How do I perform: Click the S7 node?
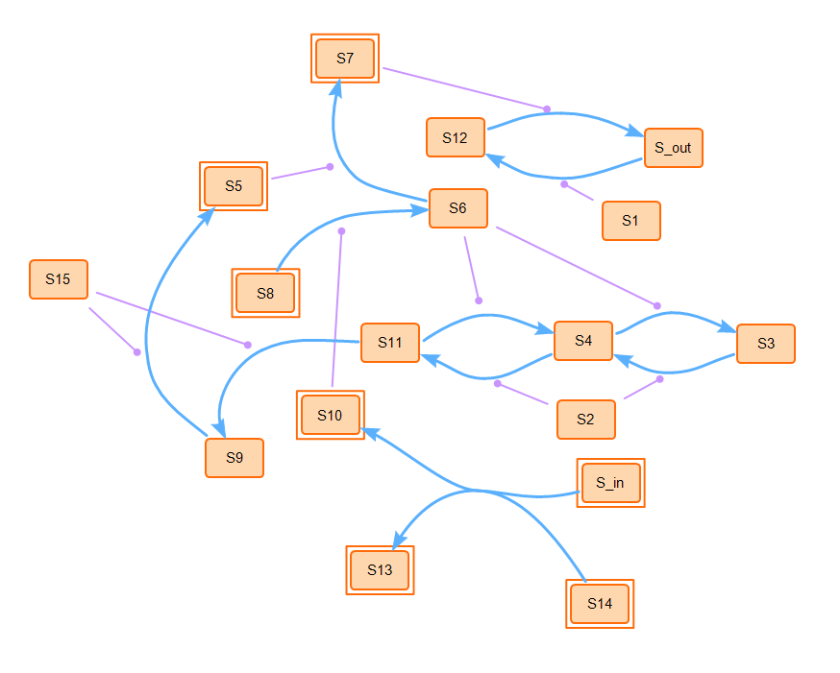pyautogui.click(x=345, y=59)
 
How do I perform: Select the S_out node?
pyautogui.click(x=673, y=148)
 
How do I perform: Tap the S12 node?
pyautogui.click(x=456, y=137)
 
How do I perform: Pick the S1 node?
pyautogui.click(x=630, y=220)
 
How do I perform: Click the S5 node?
pyautogui.click(x=234, y=186)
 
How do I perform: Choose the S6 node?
pyautogui.click(x=457, y=208)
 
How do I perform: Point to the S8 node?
pyautogui.click(x=265, y=293)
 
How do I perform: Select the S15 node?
pyautogui.click(x=59, y=279)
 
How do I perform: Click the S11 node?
pyautogui.click(x=390, y=343)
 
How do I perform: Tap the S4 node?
pyautogui.click(x=583, y=341)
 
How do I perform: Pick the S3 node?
pyautogui.click(x=766, y=344)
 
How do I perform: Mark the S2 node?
pyautogui.click(x=585, y=420)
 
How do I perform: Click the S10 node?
pyautogui.click(x=330, y=415)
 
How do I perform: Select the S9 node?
pyautogui.click(x=235, y=457)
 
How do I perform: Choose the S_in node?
pyautogui.click(x=610, y=482)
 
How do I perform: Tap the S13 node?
pyautogui.click(x=380, y=570)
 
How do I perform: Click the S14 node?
pyautogui.click(x=600, y=604)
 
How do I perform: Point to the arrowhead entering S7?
pyautogui.click(x=336, y=87)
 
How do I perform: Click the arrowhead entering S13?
pyautogui.click(x=402, y=541)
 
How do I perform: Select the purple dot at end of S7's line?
pyautogui.click(x=547, y=108)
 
